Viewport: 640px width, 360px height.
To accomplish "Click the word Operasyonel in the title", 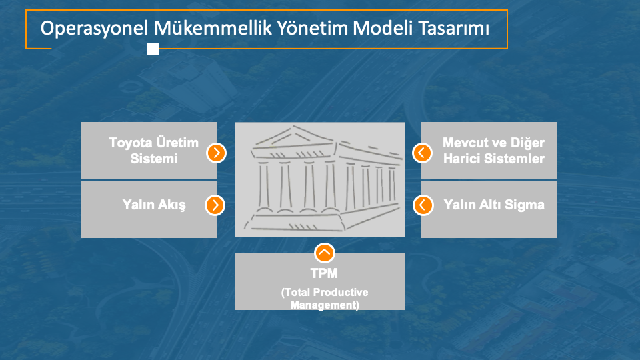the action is coord(94,29).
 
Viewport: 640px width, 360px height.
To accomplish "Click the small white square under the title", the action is coord(153,49).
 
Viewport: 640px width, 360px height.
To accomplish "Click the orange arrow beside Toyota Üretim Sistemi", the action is coord(216,153).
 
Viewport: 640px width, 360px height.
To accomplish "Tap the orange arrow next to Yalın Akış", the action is coord(215,205).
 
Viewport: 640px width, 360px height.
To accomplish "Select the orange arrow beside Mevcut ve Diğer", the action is coord(422,153).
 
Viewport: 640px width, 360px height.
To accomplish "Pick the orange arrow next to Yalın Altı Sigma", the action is coord(423,205).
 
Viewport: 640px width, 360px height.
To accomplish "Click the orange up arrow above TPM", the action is coord(325,253).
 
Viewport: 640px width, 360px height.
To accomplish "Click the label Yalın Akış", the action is coord(154,205).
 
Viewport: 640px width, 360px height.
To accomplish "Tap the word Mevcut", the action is coord(465,143).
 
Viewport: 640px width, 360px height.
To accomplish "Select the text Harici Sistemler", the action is coord(494,159).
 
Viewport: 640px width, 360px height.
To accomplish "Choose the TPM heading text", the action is coord(324,273).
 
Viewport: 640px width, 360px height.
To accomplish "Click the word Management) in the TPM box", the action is coord(325,305).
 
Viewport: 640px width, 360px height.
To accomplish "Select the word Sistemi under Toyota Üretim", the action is coord(154,159).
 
